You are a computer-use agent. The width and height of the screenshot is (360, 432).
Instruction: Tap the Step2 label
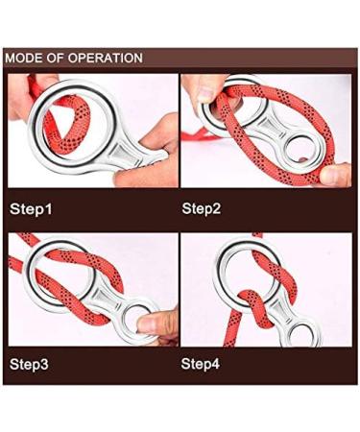coord(204,207)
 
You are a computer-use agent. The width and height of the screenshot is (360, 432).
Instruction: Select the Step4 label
coord(204,366)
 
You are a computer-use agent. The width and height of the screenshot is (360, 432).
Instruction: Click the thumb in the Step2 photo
coord(336,175)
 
